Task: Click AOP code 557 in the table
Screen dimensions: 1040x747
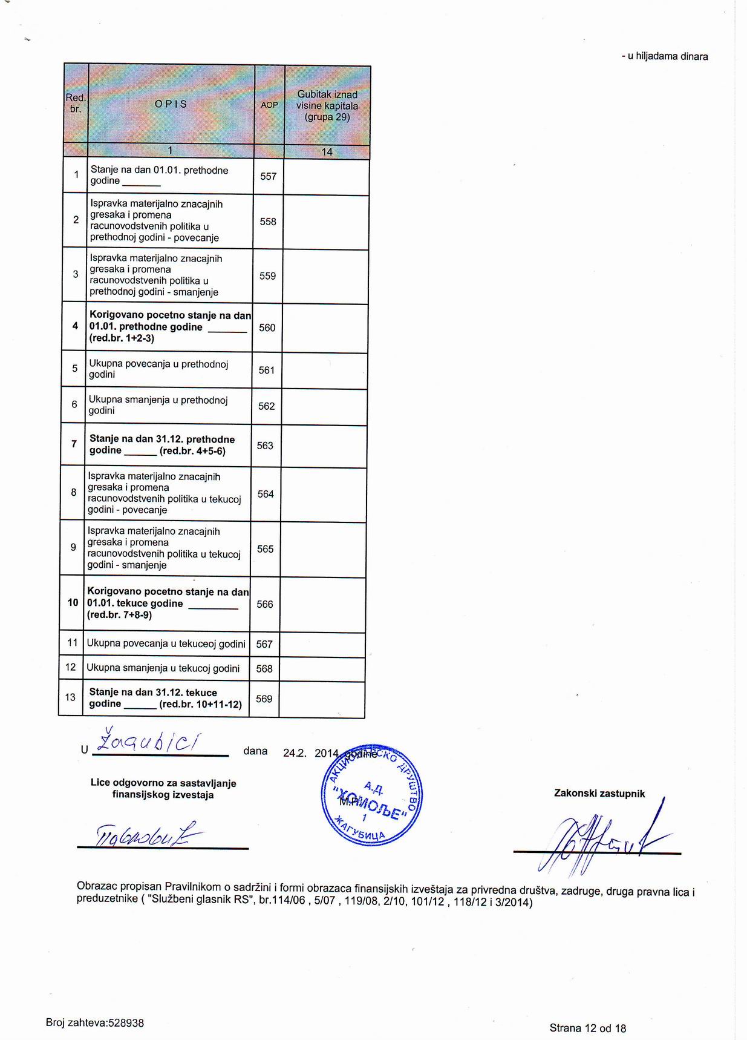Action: click(268, 176)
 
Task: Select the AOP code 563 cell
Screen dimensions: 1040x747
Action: click(265, 446)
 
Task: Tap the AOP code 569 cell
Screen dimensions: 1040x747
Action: click(264, 699)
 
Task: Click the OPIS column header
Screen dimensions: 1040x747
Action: click(171, 104)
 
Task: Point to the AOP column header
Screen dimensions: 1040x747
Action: click(269, 105)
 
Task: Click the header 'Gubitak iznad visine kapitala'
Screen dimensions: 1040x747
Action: click(327, 105)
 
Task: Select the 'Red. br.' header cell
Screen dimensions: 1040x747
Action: click(76, 103)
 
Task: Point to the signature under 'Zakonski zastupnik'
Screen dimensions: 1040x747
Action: click(599, 838)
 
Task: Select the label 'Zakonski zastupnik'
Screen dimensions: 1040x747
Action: click(599, 793)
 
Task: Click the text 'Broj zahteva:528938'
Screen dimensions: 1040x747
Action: click(95, 1022)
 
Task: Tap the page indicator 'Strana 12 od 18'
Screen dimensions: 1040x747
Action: click(587, 1027)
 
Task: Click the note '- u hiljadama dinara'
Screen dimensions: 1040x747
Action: click(664, 56)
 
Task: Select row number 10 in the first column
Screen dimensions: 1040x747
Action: click(73, 603)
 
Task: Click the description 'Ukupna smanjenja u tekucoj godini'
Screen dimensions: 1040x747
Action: click(163, 668)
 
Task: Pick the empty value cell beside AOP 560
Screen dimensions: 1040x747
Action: click(325, 327)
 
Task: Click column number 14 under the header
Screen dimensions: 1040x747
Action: click(327, 151)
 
